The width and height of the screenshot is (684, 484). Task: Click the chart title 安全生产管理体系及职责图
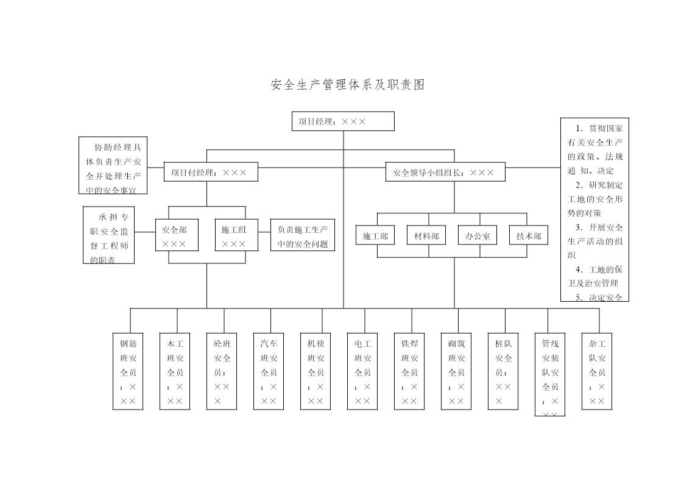click(347, 85)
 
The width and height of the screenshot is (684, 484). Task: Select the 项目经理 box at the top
click(343, 121)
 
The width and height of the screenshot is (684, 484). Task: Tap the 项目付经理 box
click(211, 173)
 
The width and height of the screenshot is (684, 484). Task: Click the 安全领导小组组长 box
click(446, 173)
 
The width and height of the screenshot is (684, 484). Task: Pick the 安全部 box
click(174, 237)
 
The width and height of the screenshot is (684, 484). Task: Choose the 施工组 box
click(234, 237)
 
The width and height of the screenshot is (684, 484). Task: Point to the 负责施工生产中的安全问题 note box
click(303, 237)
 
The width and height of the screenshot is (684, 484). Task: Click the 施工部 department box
click(375, 235)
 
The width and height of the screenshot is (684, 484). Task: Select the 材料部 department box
click(426, 235)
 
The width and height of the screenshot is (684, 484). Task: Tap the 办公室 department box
click(478, 235)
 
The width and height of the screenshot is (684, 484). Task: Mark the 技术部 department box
click(529, 235)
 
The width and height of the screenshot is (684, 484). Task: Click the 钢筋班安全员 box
click(128, 371)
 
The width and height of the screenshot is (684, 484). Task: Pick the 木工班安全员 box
click(175, 371)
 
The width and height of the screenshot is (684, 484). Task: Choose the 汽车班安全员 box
click(269, 371)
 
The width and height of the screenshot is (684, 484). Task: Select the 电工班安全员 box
click(362, 371)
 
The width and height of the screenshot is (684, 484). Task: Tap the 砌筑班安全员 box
click(456, 371)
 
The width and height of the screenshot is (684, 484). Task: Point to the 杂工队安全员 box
click(597, 371)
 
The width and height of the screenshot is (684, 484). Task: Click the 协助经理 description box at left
click(113, 165)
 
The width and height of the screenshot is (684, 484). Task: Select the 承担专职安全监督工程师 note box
click(109, 235)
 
